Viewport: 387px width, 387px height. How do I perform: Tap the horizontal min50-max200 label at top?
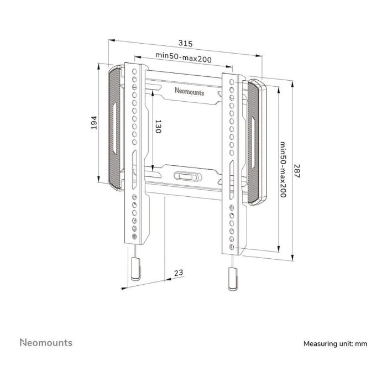pos(183,55)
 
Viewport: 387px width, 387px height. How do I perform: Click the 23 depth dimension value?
pos(179,273)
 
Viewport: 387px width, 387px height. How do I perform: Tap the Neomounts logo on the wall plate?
pos(189,92)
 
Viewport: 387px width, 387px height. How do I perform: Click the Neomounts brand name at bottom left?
pos(46,343)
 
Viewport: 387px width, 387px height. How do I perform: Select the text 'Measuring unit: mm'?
pos(335,344)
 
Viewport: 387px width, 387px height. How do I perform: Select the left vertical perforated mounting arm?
pos(135,155)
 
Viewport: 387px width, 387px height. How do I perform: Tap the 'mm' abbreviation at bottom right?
pos(361,344)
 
